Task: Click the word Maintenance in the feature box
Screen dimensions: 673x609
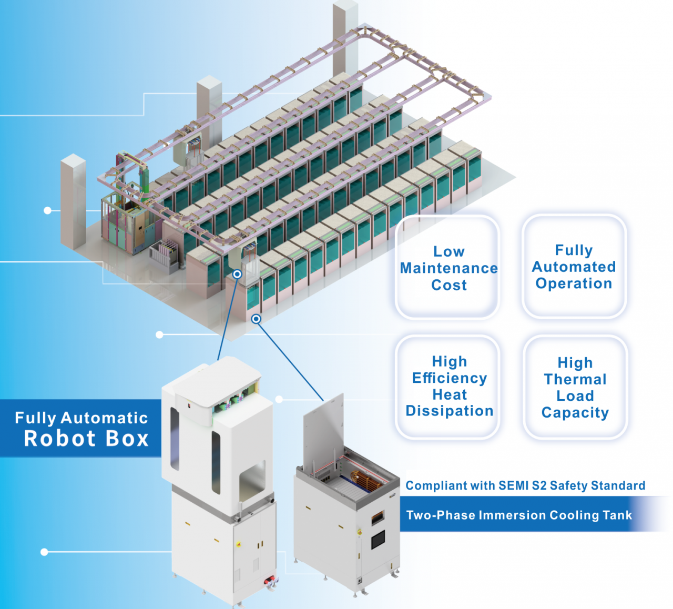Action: click(448, 268)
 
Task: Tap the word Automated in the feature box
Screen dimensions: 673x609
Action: click(574, 267)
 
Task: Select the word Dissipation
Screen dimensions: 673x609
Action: click(449, 411)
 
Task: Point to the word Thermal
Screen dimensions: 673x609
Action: click(575, 379)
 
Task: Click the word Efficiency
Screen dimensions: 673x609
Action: click(449, 378)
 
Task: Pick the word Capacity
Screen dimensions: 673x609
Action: click(575, 413)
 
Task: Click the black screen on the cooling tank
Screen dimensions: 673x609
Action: click(378, 540)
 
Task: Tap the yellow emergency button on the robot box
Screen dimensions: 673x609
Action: click(239, 544)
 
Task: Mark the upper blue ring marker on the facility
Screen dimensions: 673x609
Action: click(237, 275)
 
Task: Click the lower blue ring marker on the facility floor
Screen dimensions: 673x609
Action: click(256, 319)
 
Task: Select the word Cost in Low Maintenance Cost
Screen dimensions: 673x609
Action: click(449, 285)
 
